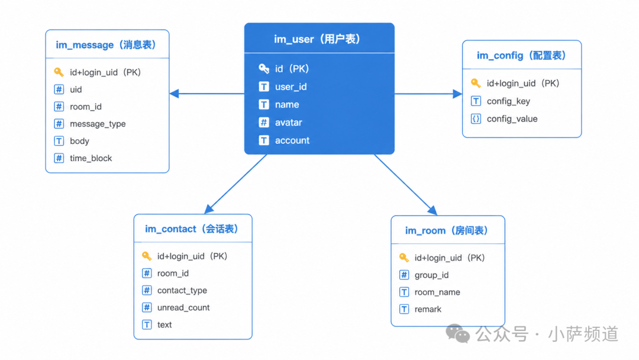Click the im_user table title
(x=317, y=39)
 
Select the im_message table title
(x=106, y=45)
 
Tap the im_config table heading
(x=521, y=56)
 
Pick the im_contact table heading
(x=192, y=229)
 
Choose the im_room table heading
(x=447, y=231)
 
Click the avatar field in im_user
(x=289, y=123)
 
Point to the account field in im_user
(x=292, y=140)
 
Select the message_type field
(x=98, y=124)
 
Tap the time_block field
(x=91, y=158)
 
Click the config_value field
(x=512, y=119)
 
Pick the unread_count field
(x=183, y=308)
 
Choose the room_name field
(x=437, y=292)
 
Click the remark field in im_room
(x=428, y=310)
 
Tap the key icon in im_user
(x=264, y=69)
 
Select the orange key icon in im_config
(x=476, y=83)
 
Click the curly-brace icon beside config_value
(x=476, y=118)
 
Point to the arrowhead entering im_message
(x=174, y=94)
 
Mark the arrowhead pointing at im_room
(x=433, y=210)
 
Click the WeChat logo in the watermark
(x=457, y=334)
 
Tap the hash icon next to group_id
(x=404, y=275)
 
